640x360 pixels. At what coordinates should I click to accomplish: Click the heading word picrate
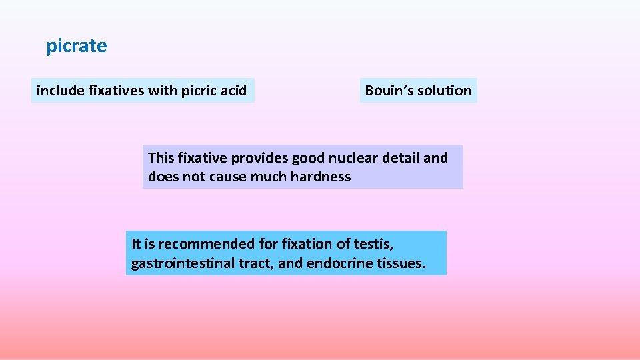click(x=76, y=46)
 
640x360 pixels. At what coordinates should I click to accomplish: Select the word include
click(x=60, y=91)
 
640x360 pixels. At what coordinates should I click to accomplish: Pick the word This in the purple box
click(x=161, y=158)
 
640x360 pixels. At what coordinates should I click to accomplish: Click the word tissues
click(x=400, y=263)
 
